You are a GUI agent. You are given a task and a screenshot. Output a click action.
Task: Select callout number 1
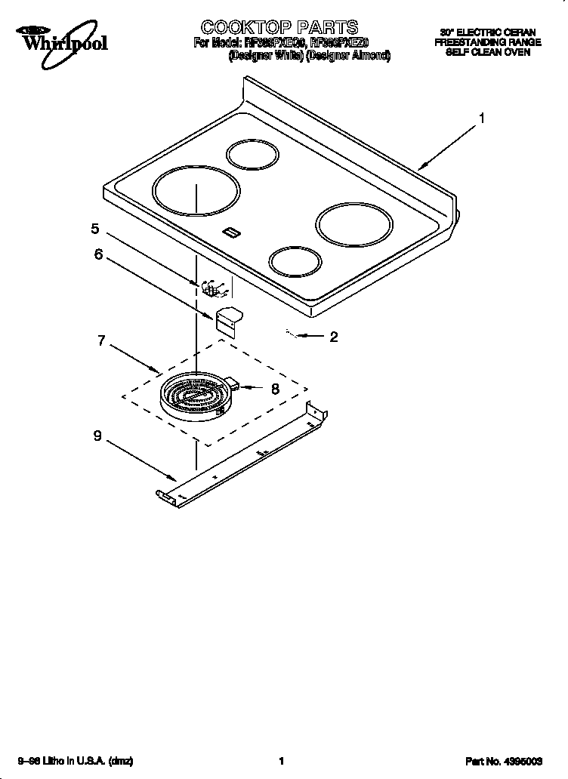click(481, 118)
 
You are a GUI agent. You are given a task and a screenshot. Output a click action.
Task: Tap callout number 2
click(333, 337)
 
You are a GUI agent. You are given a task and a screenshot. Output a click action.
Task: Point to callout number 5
click(95, 228)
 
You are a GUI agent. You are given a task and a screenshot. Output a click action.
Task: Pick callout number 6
click(98, 254)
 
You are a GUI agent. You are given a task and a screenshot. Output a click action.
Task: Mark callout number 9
click(97, 435)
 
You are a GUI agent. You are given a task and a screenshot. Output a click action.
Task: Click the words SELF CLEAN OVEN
click(487, 52)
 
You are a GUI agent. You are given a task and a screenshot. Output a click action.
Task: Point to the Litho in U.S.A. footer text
click(76, 762)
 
